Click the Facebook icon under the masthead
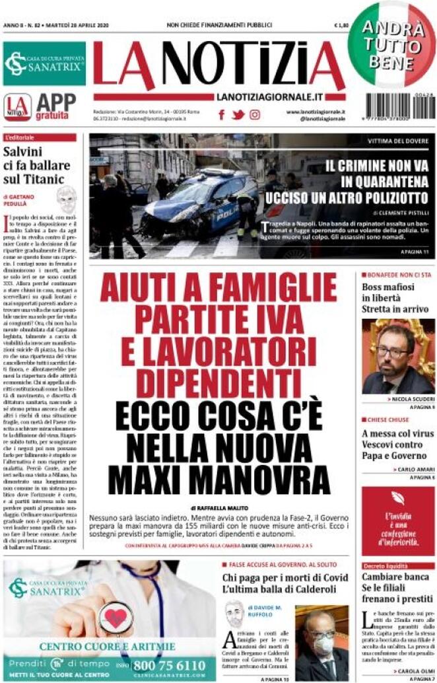[222, 114]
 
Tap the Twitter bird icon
[238, 114]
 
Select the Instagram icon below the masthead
[255, 114]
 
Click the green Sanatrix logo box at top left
[44, 64]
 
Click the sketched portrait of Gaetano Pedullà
[66, 199]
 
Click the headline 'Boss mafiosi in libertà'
[389, 293]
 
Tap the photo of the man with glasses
[398, 357]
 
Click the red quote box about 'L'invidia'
[398, 522]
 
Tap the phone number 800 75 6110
[168, 665]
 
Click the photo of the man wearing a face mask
[321, 643]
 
